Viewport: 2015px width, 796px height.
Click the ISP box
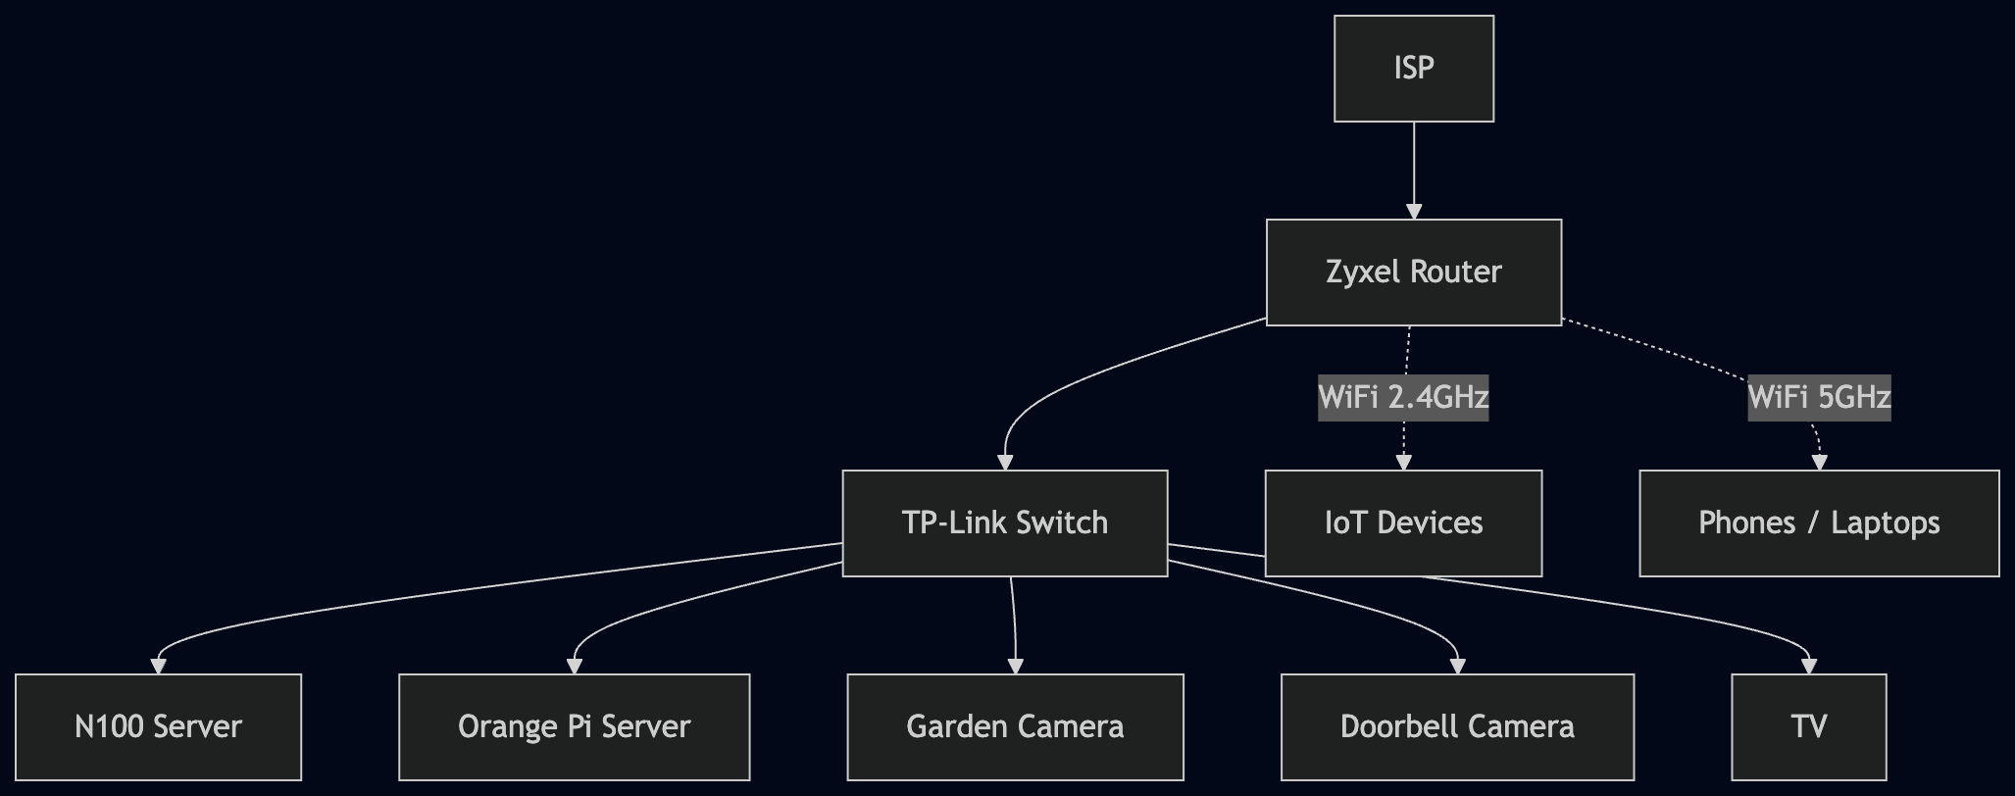click(1413, 69)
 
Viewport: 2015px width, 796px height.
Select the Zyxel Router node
click(1413, 272)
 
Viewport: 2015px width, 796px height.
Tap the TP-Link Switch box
click(1004, 522)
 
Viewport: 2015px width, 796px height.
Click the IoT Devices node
click(1403, 522)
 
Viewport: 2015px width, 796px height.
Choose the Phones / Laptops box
click(1819, 522)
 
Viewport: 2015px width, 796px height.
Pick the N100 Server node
click(158, 726)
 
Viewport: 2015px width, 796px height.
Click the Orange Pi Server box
click(574, 726)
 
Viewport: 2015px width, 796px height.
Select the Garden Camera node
click(1015, 726)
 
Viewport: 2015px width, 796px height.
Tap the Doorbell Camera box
click(1457, 726)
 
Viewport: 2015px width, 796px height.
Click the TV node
click(1808, 726)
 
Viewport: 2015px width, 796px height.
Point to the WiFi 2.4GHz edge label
click(1403, 397)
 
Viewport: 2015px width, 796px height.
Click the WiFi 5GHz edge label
click(1819, 397)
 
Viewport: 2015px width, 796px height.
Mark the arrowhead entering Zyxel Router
click(1413, 211)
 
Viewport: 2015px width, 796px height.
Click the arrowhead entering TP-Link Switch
click(1004, 463)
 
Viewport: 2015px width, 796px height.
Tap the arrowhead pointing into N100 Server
click(158, 667)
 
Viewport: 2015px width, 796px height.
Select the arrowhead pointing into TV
click(1809, 667)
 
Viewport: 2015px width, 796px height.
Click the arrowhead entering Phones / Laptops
click(1820, 463)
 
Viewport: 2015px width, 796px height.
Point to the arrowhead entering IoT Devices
click(1403, 463)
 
